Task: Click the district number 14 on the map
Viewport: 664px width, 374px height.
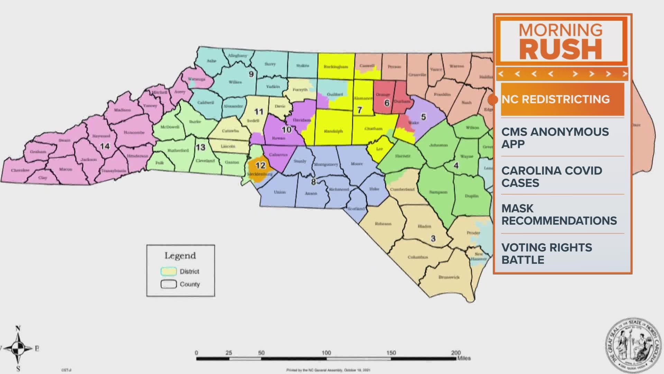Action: (x=105, y=146)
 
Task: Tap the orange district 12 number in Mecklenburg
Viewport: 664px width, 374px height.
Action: (x=260, y=166)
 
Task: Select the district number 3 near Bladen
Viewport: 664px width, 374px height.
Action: (x=433, y=239)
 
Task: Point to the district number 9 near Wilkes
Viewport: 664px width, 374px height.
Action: (x=251, y=74)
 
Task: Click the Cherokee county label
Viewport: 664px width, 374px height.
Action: (x=20, y=170)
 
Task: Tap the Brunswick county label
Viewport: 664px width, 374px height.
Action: (x=449, y=277)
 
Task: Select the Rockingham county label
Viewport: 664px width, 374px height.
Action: (x=336, y=66)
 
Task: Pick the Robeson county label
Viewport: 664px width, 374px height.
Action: (x=383, y=224)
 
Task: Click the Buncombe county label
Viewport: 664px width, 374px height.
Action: (x=134, y=133)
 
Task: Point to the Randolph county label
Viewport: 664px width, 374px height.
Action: (x=333, y=131)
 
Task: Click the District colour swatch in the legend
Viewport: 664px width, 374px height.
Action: (x=168, y=271)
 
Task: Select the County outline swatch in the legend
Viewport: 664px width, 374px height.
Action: (x=168, y=284)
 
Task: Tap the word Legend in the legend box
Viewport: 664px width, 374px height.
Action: (x=180, y=256)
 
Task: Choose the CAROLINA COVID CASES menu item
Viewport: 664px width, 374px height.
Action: (x=552, y=177)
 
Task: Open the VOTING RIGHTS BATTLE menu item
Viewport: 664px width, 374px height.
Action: (x=547, y=253)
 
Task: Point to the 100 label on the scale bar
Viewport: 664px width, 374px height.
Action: (x=326, y=353)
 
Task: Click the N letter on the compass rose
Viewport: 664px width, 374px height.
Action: (x=18, y=328)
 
